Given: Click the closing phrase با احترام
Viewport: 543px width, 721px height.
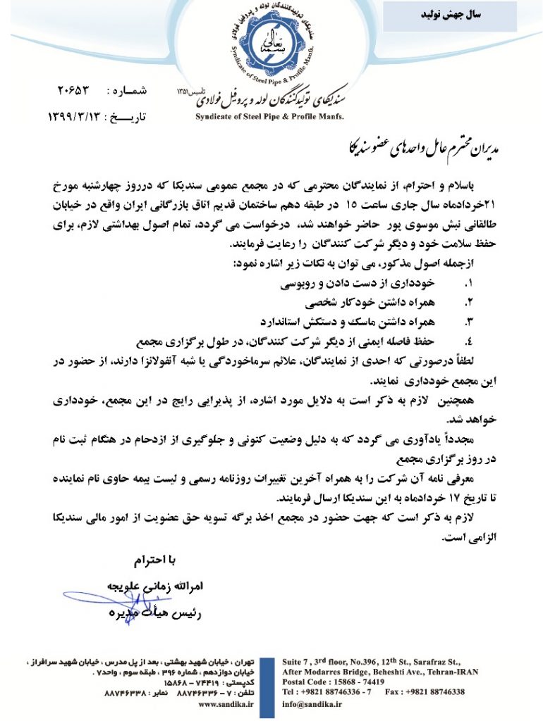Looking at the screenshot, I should coord(152,560).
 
